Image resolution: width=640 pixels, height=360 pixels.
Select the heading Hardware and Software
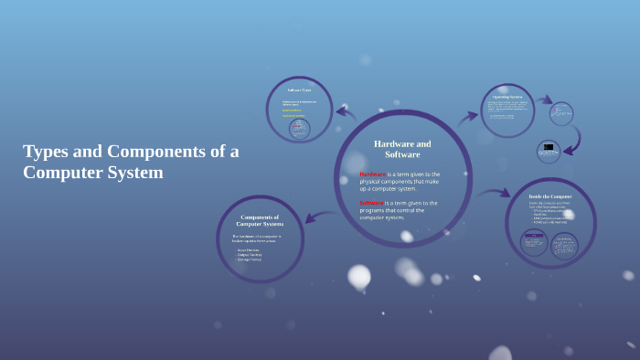point(402,149)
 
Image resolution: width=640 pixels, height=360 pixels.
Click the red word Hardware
point(372,174)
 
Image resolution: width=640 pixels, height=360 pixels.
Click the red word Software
point(371,203)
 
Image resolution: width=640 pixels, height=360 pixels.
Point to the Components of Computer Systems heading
point(260,220)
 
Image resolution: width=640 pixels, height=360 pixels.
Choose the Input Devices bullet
point(249,249)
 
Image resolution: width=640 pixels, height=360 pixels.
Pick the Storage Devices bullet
point(250,259)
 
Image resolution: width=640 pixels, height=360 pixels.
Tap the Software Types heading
point(299,90)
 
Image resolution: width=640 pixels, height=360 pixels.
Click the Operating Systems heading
point(507,96)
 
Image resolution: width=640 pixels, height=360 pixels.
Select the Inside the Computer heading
point(549,196)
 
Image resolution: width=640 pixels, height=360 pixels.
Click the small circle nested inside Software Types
point(299,129)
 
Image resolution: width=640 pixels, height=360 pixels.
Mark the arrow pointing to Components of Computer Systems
point(316,217)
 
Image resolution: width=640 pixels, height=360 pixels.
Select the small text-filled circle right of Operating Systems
point(561,113)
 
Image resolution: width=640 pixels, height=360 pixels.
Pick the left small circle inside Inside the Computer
point(534,242)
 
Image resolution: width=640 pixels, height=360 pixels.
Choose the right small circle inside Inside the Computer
point(564,245)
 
